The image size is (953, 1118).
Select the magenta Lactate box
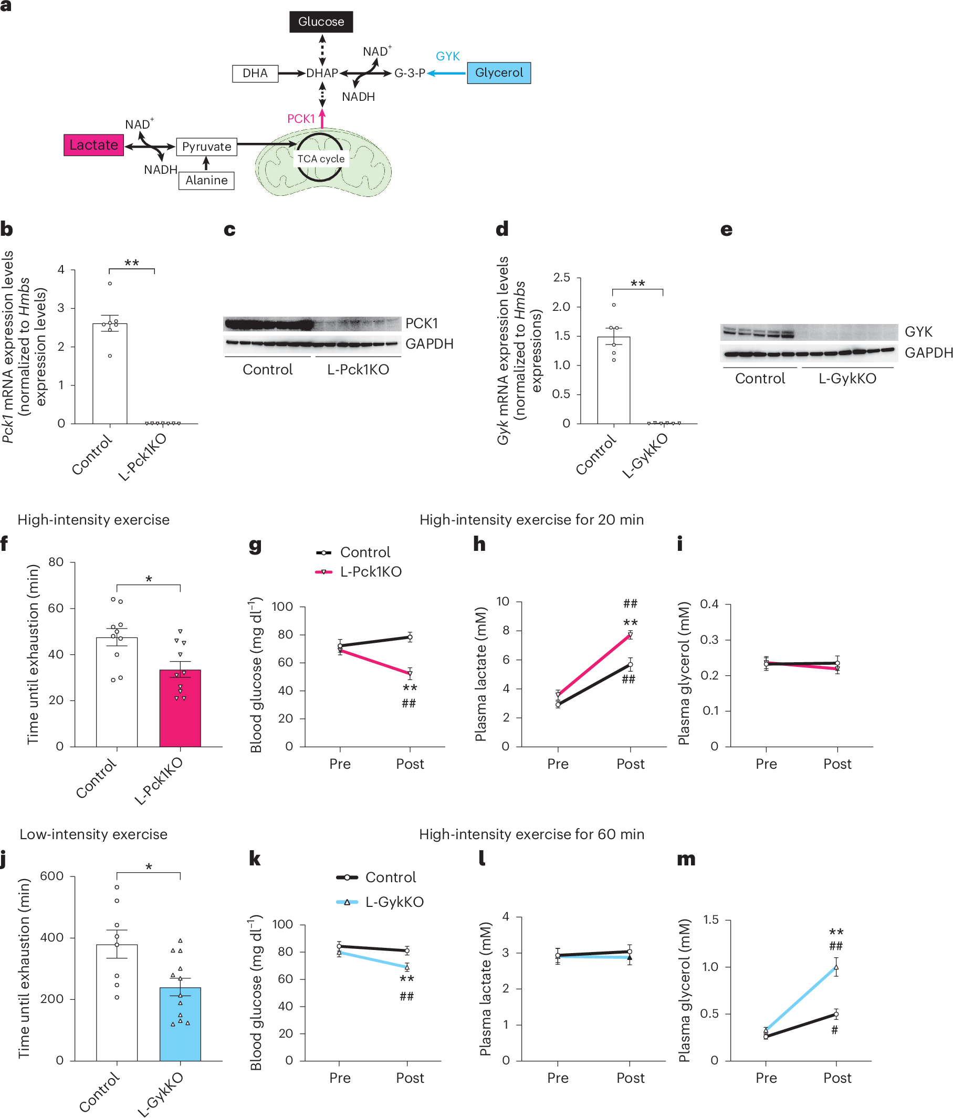[x=93, y=145]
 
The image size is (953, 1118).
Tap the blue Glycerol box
[x=498, y=73]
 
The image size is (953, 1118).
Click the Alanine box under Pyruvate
[x=206, y=180]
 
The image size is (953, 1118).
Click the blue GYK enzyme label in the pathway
[x=447, y=56]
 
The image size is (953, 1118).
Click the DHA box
[x=255, y=74]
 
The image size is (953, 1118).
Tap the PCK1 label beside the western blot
[x=422, y=323]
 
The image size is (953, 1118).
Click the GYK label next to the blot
[x=918, y=331]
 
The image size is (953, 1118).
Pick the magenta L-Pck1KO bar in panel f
[x=180, y=708]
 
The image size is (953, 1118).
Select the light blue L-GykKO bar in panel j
[x=180, y=1023]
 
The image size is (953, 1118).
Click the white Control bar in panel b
[x=110, y=373]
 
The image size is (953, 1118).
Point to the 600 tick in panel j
[x=52, y=876]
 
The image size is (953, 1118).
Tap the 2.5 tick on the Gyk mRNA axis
[x=561, y=278]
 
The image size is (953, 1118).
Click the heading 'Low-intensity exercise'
[x=93, y=834]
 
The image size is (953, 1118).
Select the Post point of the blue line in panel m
[x=836, y=967]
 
